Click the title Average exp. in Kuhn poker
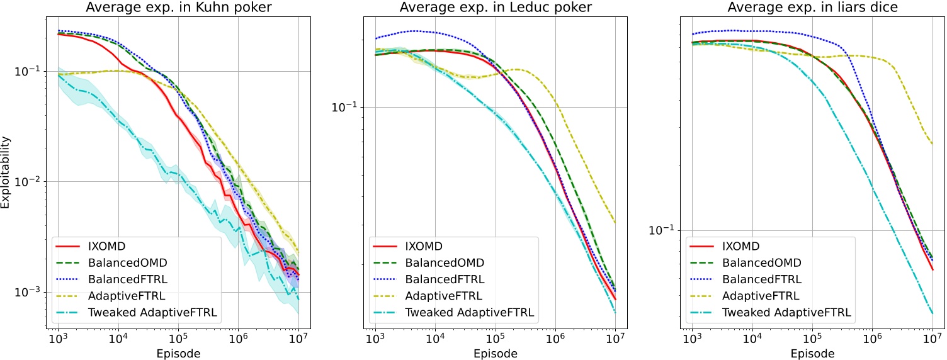(x=178, y=8)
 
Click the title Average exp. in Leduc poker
(x=495, y=8)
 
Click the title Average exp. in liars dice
(x=812, y=8)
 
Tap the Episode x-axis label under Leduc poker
(x=495, y=354)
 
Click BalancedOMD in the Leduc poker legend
(x=445, y=262)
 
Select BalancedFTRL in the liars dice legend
(x=763, y=279)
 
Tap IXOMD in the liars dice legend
(x=742, y=246)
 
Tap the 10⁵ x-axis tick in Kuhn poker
(x=178, y=339)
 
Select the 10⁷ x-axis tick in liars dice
(x=932, y=339)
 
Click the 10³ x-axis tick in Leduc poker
(x=375, y=339)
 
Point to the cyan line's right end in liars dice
(x=933, y=313)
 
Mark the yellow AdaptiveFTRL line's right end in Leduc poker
(x=615, y=223)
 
